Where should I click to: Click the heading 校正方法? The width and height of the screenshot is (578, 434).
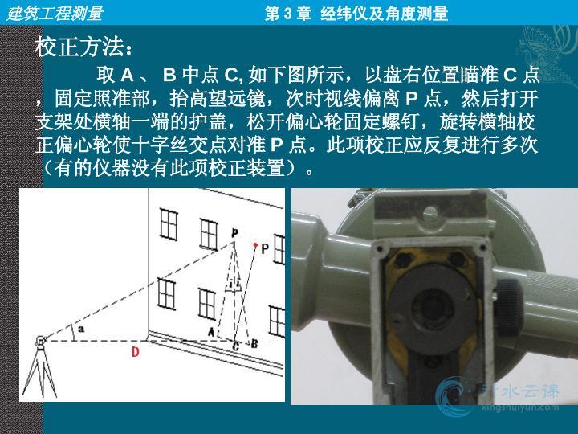click(x=79, y=47)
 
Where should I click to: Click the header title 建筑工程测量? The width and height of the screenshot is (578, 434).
click(x=55, y=14)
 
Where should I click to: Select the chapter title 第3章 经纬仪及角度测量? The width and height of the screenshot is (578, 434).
click(x=356, y=14)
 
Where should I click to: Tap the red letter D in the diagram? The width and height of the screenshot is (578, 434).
click(x=136, y=352)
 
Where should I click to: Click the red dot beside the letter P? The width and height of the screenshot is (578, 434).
click(x=255, y=244)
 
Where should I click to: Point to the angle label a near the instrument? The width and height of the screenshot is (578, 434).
click(x=81, y=328)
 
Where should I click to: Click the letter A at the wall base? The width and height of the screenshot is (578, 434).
click(x=211, y=331)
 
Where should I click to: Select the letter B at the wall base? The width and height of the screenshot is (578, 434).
click(x=254, y=344)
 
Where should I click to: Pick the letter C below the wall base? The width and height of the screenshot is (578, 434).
click(x=236, y=346)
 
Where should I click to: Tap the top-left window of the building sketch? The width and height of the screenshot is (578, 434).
click(x=169, y=224)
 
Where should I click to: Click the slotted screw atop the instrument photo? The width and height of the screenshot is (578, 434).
click(x=429, y=212)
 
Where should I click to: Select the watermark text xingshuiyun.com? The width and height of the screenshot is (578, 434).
click(x=519, y=407)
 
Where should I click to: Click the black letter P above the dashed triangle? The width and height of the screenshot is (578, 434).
click(x=234, y=233)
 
